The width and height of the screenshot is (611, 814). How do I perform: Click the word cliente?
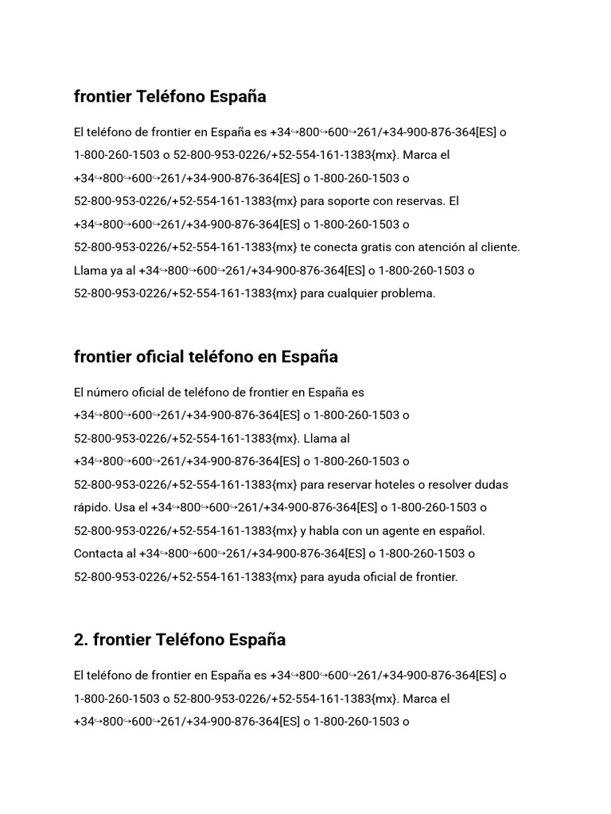pyautogui.click(x=502, y=247)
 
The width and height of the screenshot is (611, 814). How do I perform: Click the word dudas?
pyautogui.click(x=491, y=484)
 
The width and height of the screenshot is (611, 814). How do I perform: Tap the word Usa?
pyautogui.click(x=123, y=507)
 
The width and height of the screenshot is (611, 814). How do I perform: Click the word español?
pyautogui.click(x=462, y=530)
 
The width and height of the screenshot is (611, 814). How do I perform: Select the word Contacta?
pyautogui.click(x=98, y=553)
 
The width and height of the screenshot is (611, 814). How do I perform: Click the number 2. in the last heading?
pyautogui.click(x=81, y=640)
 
